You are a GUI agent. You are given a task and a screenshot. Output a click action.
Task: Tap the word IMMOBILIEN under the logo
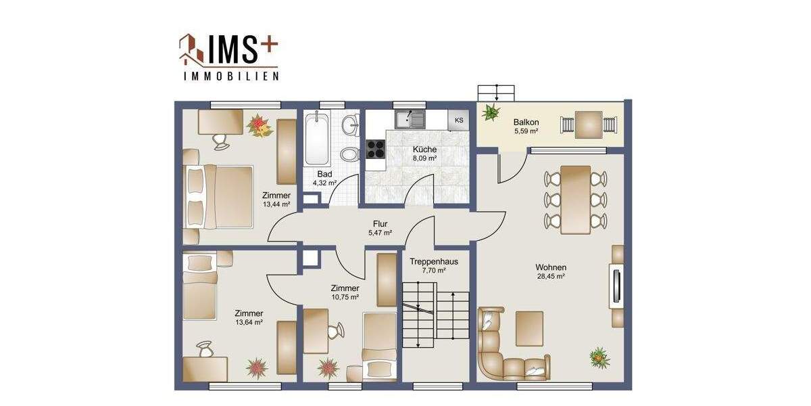click(231, 77)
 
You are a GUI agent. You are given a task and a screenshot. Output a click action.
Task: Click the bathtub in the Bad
click(316, 139)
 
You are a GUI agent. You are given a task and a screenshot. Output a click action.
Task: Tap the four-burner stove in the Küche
click(375, 149)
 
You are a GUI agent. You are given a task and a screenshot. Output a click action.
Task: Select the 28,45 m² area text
click(551, 276)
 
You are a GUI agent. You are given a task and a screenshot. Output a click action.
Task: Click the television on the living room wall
click(616, 286)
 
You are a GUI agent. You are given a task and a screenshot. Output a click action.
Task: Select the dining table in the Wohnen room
click(576, 199)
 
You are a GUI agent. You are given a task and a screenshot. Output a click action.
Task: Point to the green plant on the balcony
click(491, 112)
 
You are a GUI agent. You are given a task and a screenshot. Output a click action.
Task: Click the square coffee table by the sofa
click(529, 328)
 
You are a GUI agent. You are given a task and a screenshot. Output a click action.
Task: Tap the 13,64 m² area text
click(248, 323)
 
